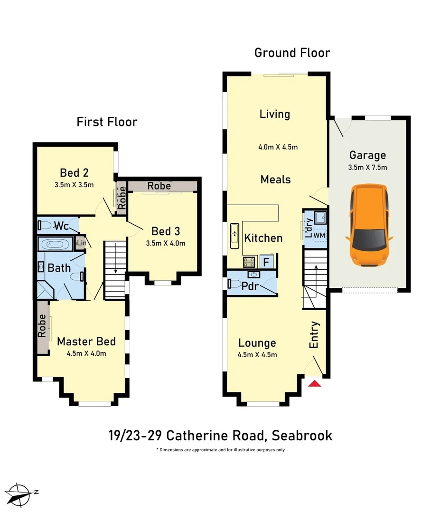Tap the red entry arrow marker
pyautogui.click(x=315, y=383)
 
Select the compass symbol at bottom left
pyautogui.click(x=22, y=494)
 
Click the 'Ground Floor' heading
pyautogui.click(x=292, y=52)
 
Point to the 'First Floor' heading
pyautogui.click(x=107, y=122)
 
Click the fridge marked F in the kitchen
pyautogui.click(x=266, y=261)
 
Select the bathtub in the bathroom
pyautogui.click(x=55, y=245)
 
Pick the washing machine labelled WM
pyautogui.click(x=319, y=235)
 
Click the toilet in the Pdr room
pyautogui.click(x=234, y=284)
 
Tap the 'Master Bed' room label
pyautogui.click(x=86, y=342)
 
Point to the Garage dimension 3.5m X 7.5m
pyautogui.click(x=368, y=167)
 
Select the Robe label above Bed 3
pyautogui.click(x=159, y=186)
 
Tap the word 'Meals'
pyautogui.click(x=275, y=180)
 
